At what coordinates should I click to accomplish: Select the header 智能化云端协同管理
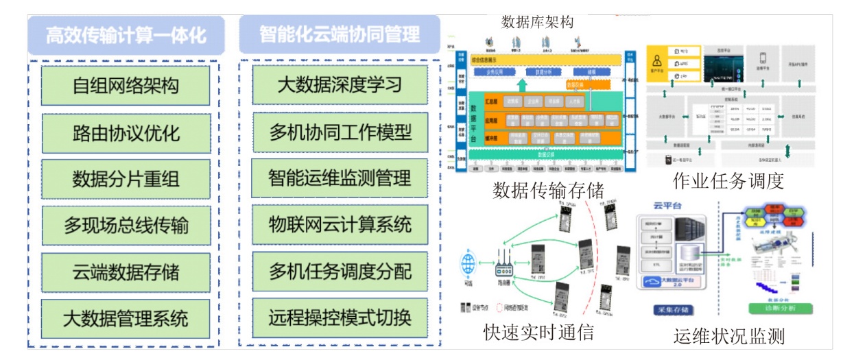(x=340, y=34)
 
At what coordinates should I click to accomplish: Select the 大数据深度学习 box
(x=340, y=85)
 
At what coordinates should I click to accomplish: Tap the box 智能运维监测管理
(x=340, y=178)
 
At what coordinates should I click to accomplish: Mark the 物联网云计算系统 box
(x=340, y=224)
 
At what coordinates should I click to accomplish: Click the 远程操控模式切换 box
(x=340, y=317)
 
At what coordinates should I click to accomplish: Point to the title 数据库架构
(x=537, y=22)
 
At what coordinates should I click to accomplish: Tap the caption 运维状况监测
(x=728, y=336)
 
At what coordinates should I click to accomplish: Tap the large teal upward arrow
(x=522, y=85)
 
